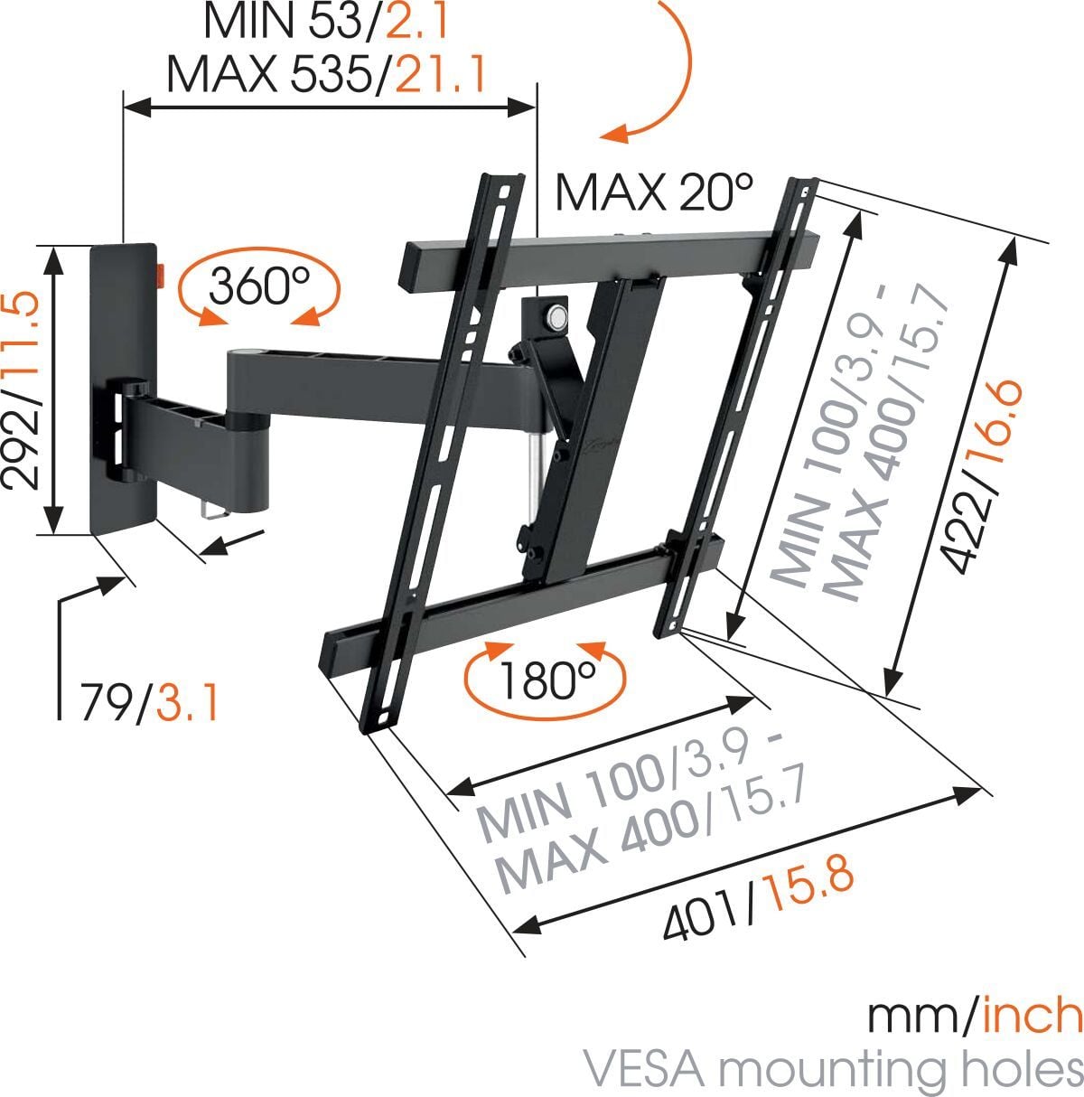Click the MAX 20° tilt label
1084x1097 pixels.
point(653,192)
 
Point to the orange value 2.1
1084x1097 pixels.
point(417,23)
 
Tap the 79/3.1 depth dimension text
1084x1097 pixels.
point(149,702)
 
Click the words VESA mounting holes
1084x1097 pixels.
point(832,1069)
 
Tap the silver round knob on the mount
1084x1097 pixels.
point(556,318)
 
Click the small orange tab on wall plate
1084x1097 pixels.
point(162,273)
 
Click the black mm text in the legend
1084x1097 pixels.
point(911,1017)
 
